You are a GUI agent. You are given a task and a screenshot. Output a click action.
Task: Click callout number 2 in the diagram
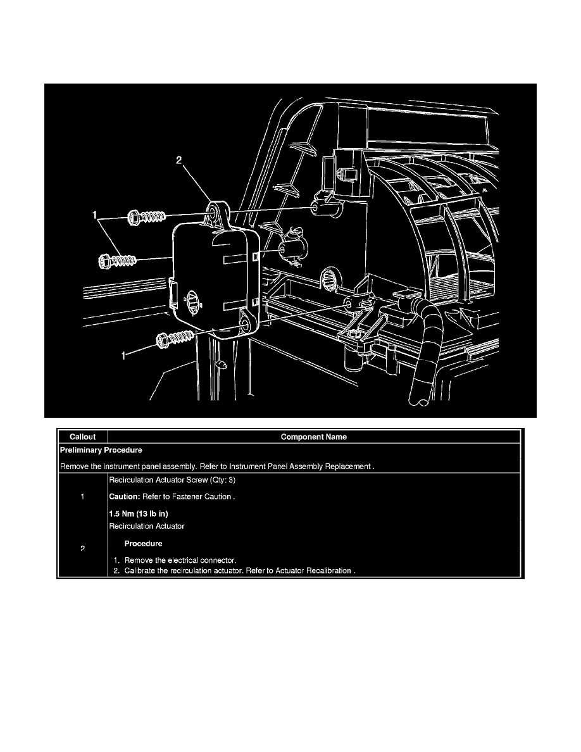point(179,161)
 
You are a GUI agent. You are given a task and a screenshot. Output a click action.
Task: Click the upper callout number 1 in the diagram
point(96,215)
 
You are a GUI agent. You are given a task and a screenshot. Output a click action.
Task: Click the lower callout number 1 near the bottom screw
point(125,356)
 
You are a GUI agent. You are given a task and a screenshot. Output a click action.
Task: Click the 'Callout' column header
point(82,437)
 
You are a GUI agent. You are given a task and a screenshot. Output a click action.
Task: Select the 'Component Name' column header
point(313,437)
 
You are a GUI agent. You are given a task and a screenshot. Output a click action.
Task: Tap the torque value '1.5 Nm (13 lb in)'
point(138,513)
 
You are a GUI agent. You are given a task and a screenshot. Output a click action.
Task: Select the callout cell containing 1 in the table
point(83,497)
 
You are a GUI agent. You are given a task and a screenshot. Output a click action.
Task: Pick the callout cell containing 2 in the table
point(83,548)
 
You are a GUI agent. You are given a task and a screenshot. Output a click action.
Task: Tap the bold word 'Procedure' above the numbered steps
point(143,543)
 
